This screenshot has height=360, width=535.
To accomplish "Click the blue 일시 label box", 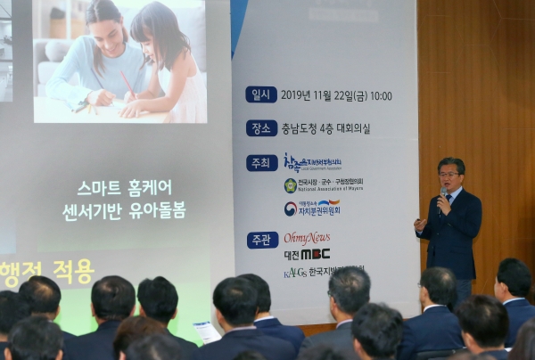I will [x=261, y=94].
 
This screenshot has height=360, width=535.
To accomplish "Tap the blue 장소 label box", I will [x=261, y=128].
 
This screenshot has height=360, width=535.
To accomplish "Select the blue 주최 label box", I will [x=261, y=162].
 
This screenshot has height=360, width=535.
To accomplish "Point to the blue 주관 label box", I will [x=262, y=240].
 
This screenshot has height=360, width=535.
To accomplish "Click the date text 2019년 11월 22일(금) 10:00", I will [x=336, y=95].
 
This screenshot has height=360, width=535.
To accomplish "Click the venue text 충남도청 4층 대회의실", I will [x=325, y=128].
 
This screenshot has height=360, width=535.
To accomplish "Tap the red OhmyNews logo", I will [x=307, y=238].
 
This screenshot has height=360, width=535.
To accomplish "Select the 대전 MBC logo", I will [x=307, y=254].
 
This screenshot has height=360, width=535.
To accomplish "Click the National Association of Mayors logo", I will [x=323, y=185].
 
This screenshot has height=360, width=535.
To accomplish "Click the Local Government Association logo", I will [x=311, y=163].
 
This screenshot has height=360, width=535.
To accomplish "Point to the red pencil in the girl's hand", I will [x=128, y=86].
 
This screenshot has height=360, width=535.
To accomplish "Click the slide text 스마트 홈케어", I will [x=124, y=188].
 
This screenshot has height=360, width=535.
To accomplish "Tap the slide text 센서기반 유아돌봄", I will [x=124, y=211].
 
